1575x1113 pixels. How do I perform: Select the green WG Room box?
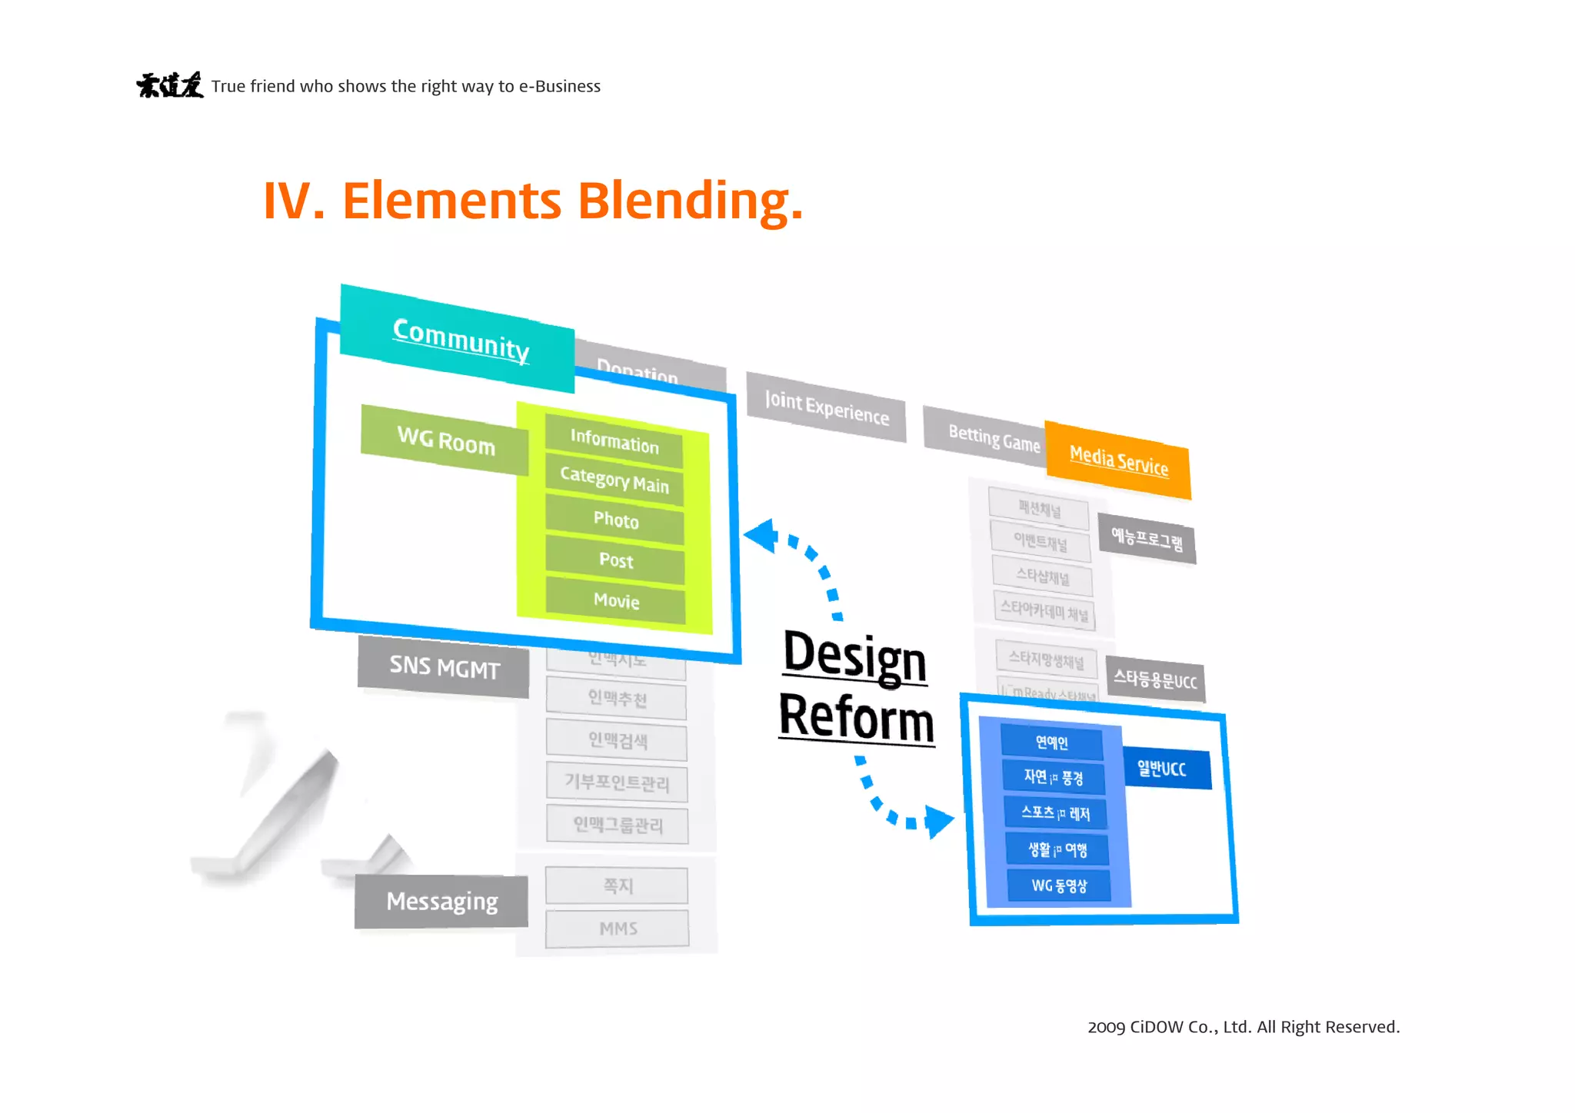[x=445, y=440]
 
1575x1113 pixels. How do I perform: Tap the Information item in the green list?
[x=614, y=441]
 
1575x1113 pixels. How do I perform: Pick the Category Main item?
[x=614, y=480]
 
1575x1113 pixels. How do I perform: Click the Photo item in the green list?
[x=615, y=520]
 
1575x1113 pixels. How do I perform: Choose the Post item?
[x=615, y=560]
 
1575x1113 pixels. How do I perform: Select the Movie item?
[x=616, y=600]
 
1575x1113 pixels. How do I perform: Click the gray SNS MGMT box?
[x=444, y=666]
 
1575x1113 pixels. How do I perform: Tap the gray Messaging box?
[x=441, y=901]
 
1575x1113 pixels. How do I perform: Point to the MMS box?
[x=618, y=929]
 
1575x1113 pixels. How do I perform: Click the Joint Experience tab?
[x=826, y=407]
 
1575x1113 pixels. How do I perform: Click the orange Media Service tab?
[x=1118, y=460]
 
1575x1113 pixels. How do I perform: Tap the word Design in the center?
[x=854, y=657]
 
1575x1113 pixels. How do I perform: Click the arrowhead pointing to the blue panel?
[x=938, y=821]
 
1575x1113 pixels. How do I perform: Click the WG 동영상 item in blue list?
[x=1059, y=885]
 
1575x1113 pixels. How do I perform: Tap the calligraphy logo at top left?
[x=170, y=85]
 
